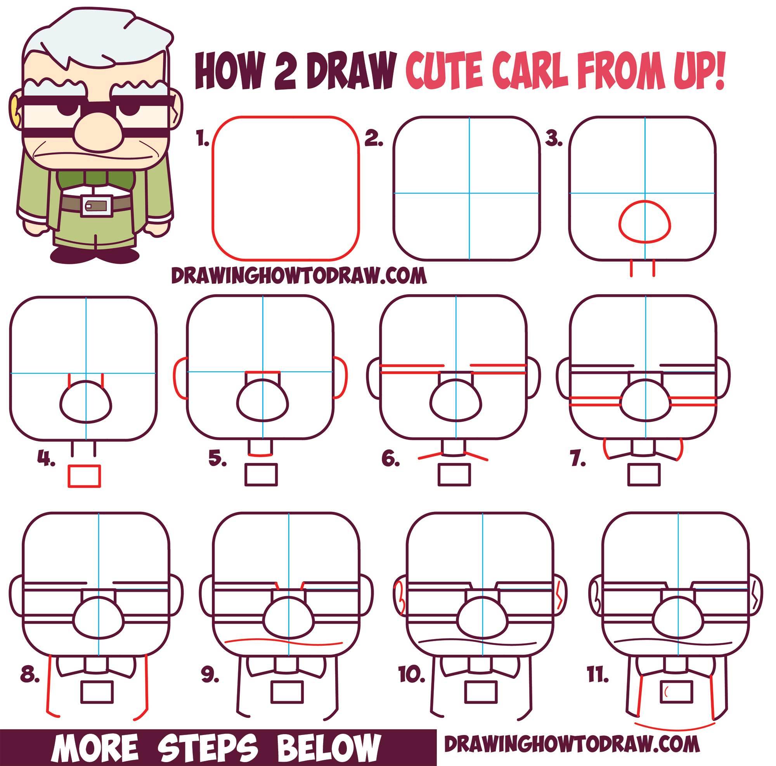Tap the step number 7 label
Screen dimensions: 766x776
578,458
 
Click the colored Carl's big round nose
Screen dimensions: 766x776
99,132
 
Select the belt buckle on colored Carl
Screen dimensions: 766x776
96,206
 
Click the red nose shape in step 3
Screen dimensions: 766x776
644,222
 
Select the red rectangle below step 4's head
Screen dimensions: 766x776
84,477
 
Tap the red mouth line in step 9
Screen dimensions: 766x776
283,642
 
